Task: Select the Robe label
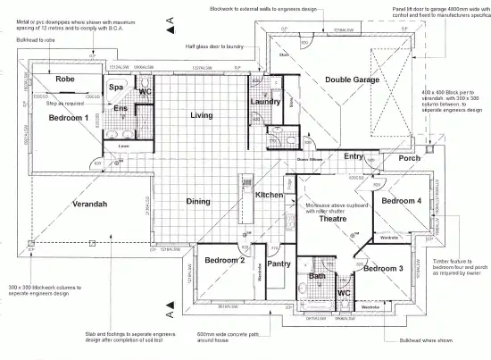[65, 80]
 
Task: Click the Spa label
[116, 88]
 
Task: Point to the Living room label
[201, 116]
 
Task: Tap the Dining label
[198, 201]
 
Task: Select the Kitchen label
[270, 195]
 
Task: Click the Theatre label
[332, 218]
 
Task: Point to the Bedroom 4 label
[401, 202]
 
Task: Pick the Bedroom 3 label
[384, 268]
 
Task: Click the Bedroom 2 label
[224, 261]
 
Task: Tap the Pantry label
[279, 264]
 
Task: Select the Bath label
[317, 277]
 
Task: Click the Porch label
[410, 159]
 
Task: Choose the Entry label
[354, 157]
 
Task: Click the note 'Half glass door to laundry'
[216, 46]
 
